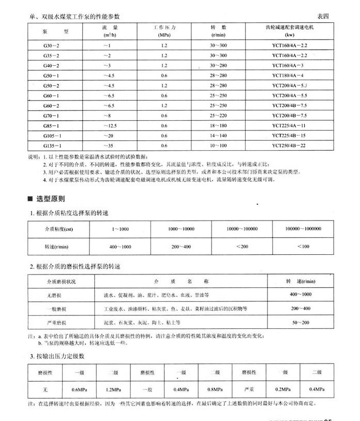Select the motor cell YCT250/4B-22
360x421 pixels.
click(297, 146)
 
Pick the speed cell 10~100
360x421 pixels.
click(218, 146)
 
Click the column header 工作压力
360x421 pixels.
click(164, 26)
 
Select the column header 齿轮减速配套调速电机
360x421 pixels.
click(297, 26)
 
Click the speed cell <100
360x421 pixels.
click(304, 246)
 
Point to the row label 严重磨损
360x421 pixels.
click(55, 322)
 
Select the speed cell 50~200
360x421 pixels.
click(301, 322)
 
